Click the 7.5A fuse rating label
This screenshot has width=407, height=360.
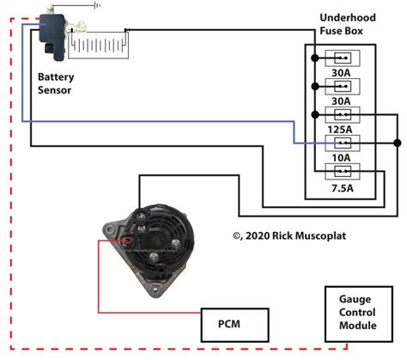[342, 186]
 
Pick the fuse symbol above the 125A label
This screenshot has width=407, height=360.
[342, 114]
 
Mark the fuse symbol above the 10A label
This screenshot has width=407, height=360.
[342, 143]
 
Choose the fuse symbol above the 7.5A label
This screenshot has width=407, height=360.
[342, 171]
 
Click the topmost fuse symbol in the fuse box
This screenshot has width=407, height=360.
[342, 58]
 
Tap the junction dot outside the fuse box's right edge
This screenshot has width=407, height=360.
[397, 143]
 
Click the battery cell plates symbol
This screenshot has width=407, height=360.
[100, 43]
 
